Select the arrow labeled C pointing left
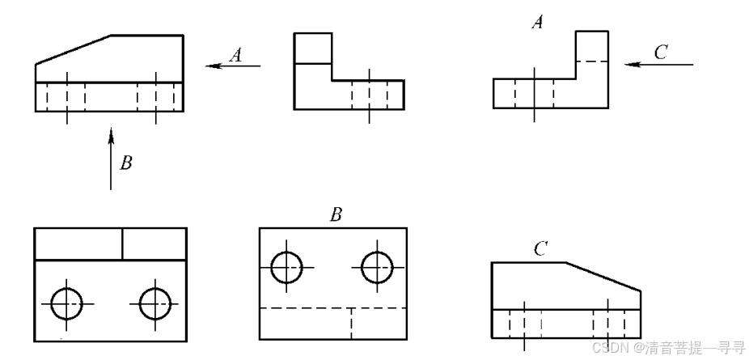(x=659, y=63)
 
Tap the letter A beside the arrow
(x=236, y=54)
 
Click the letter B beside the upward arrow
(x=125, y=163)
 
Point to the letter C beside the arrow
(x=661, y=52)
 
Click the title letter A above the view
(x=536, y=23)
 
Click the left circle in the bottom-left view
(x=66, y=303)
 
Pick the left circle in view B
(x=287, y=266)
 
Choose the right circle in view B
(x=377, y=266)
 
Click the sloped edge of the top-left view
(x=74, y=49)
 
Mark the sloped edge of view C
(x=603, y=276)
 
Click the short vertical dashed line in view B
(x=351, y=324)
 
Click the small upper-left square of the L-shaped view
(x=313, y=48)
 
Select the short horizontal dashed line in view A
(x=591, y=62)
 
